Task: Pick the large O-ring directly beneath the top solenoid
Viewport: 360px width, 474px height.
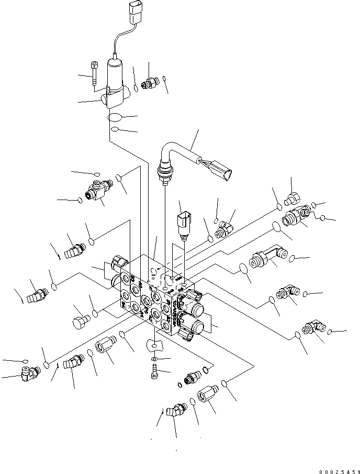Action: coord(116,117)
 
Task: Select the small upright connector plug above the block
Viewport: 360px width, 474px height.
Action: coord(183,223)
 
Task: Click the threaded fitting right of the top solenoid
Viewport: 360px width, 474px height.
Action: coord(152,83)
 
